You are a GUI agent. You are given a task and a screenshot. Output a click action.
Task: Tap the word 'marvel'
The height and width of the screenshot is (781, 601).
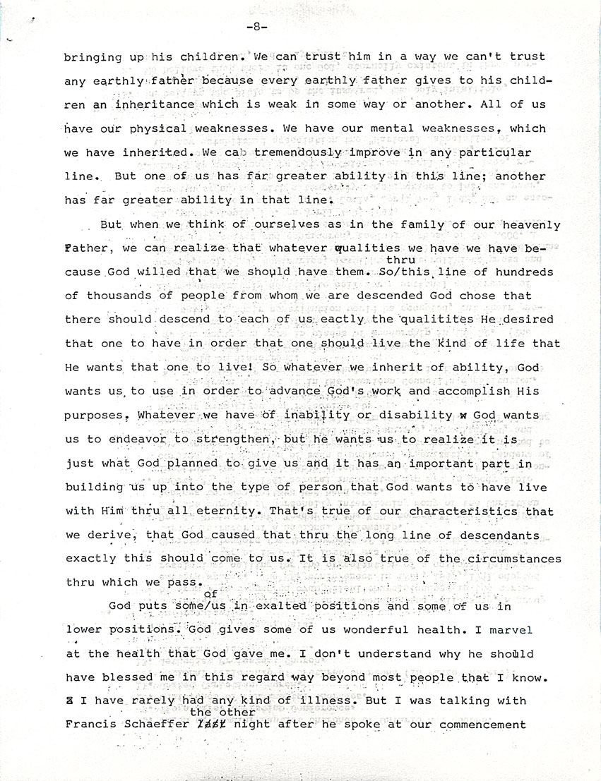tap(510, 629)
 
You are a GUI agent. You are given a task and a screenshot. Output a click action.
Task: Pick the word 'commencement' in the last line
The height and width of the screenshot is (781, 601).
tap(481, 725)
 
